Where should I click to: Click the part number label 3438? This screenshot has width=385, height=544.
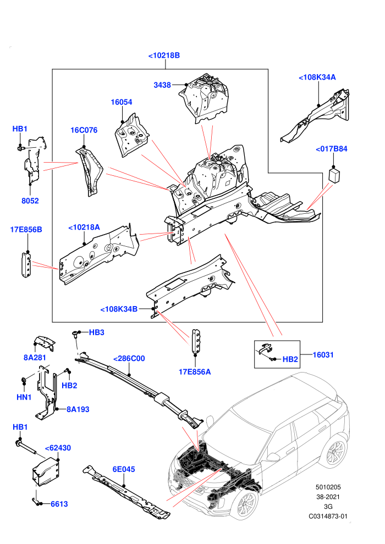pyautogui.click(x=162, y=85)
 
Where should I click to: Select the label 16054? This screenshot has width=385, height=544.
pyautogui.click(x=122, y=102)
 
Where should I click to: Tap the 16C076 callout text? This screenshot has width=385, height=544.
pyautogui.click(x=84, y=130)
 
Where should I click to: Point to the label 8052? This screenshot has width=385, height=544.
pyautogui.click(x=30, y=201)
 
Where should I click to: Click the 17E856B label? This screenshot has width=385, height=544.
pyautogui.click(x=26, y=230)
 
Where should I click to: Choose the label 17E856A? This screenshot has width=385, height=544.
pyautogui.click(x=195, y=372)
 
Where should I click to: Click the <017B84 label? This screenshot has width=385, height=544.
pyautogui.click(x=332, y=149)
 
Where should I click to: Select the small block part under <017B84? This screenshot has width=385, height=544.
pyautogui.click(x=334, y=175)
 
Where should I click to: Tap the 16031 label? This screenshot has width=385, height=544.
pyautogui.click(x=323, y=354)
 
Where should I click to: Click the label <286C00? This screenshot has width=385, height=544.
pyautogui.click(x=129, y=358)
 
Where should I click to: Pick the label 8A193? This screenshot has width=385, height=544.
pyautogui.click(x=78, y=409)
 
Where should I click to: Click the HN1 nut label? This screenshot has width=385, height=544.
pyautogui.click(x=24, y=397)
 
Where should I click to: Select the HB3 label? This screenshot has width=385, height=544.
pyautogui.click(x=96, y=332)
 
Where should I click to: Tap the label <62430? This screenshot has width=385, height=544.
pyautogui.click(x=58, y=448)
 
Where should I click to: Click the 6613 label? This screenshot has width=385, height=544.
pyautogui.click(x=59, y=504)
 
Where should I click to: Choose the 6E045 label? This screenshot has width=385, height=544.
pyautogui.click(x=124, y=469)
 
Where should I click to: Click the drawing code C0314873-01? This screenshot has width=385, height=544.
pyautogui.click(x=328, y=516)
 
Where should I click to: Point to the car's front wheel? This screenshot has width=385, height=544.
pyautogui.click(x=247, y=505)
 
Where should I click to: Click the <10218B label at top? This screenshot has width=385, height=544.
pyautogui.click(x=164, y=55)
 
